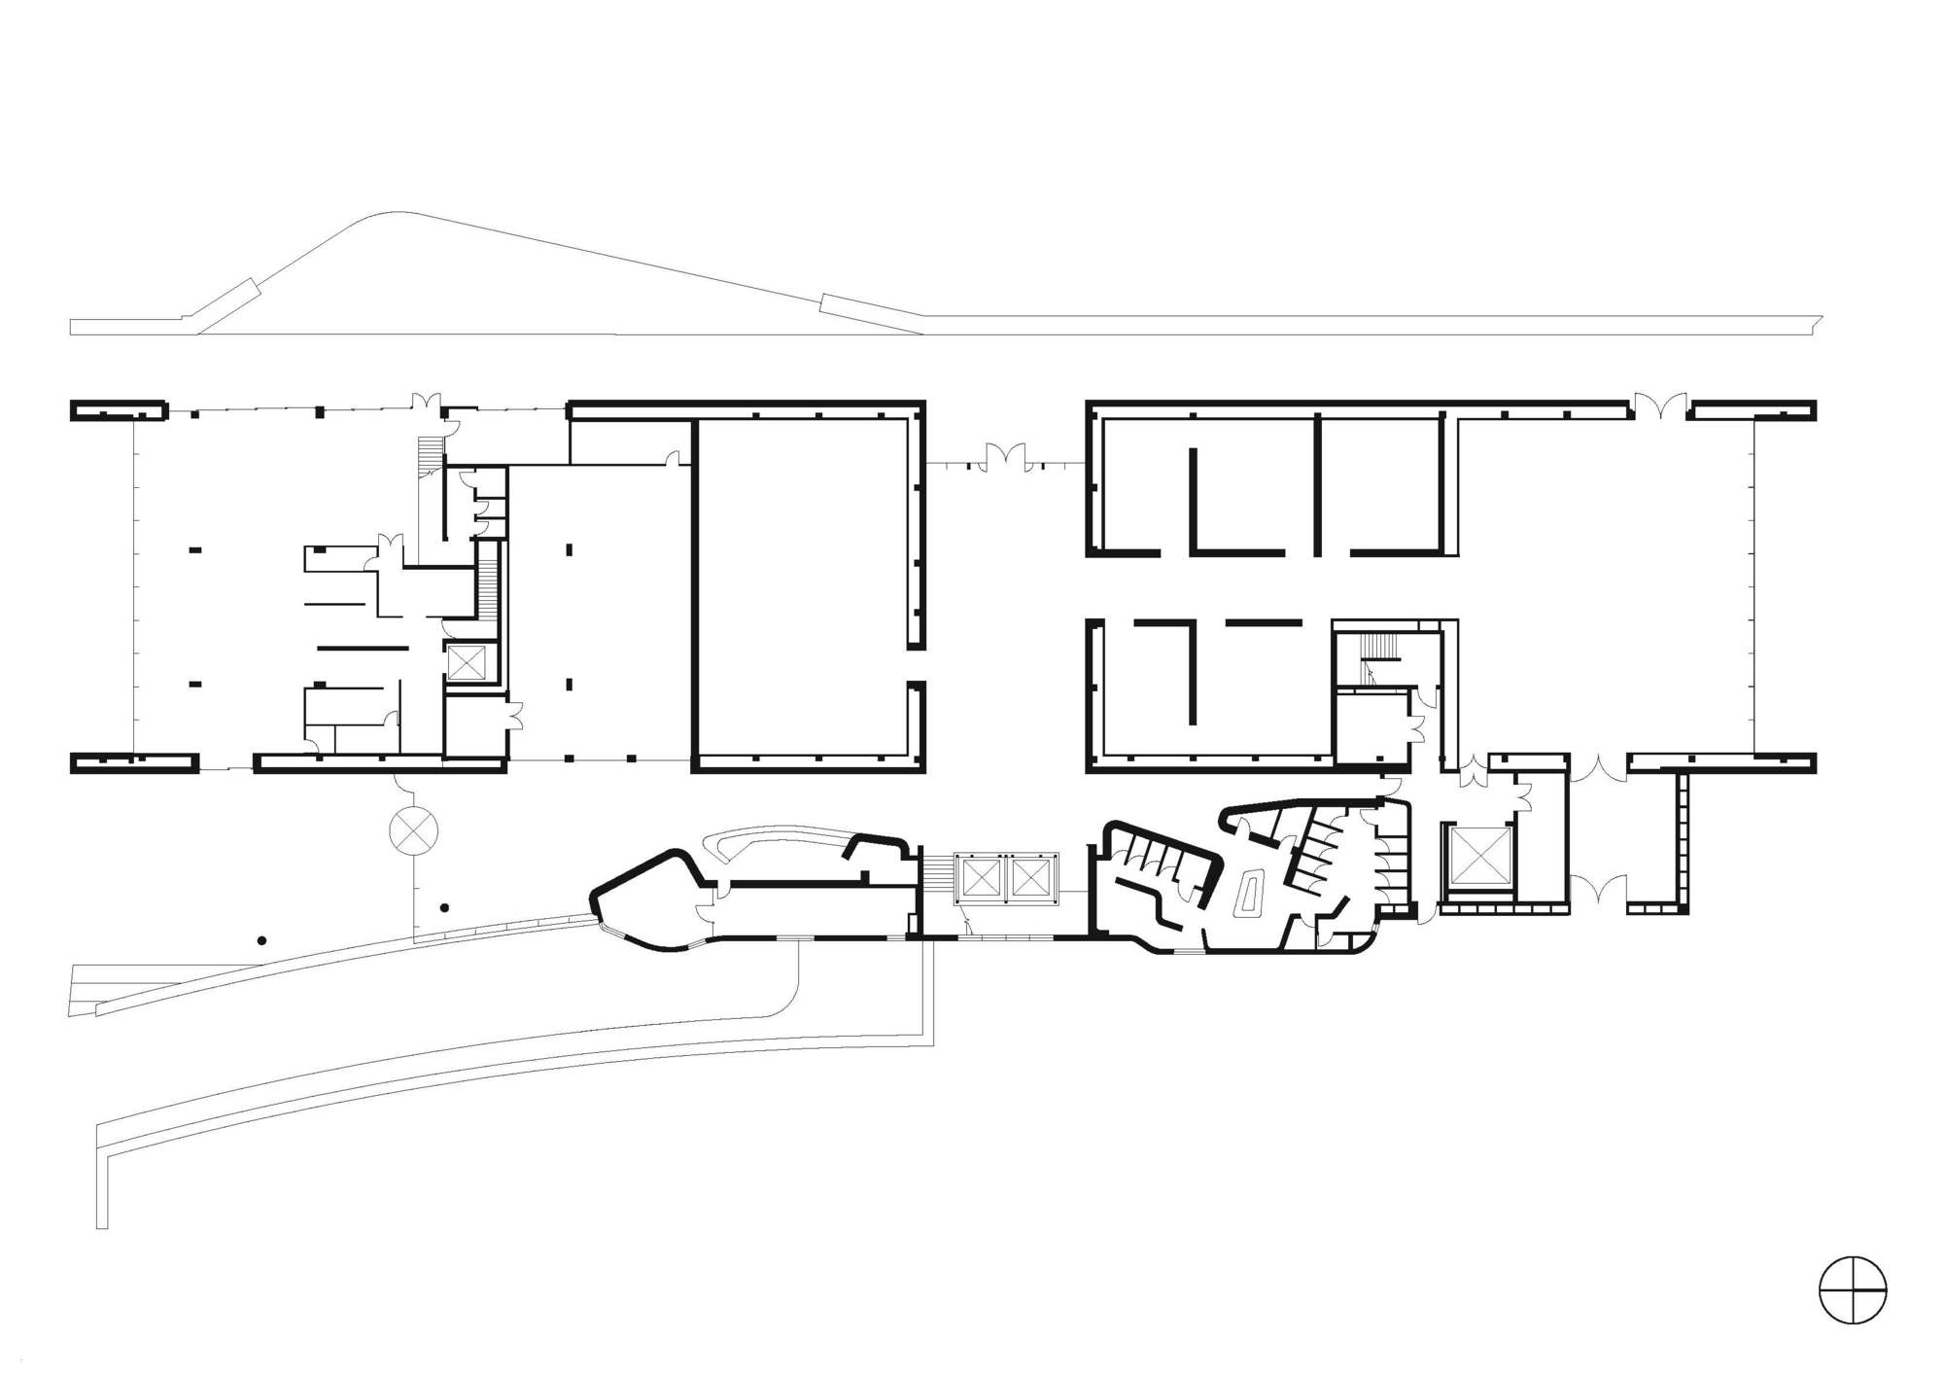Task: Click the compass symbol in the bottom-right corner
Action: (1853, 1290)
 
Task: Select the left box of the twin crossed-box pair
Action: (981, 879)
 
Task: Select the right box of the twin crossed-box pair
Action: (1029, 879)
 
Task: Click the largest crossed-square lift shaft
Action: (1479, 857)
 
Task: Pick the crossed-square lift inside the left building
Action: (466, 663)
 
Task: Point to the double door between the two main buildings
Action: (1006, 457)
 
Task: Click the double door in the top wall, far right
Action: (1659, 405)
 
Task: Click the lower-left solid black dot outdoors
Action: (261, 940)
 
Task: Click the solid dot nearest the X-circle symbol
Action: (444, 907)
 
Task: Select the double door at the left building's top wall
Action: (425, 402)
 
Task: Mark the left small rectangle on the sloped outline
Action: (237, 295)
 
